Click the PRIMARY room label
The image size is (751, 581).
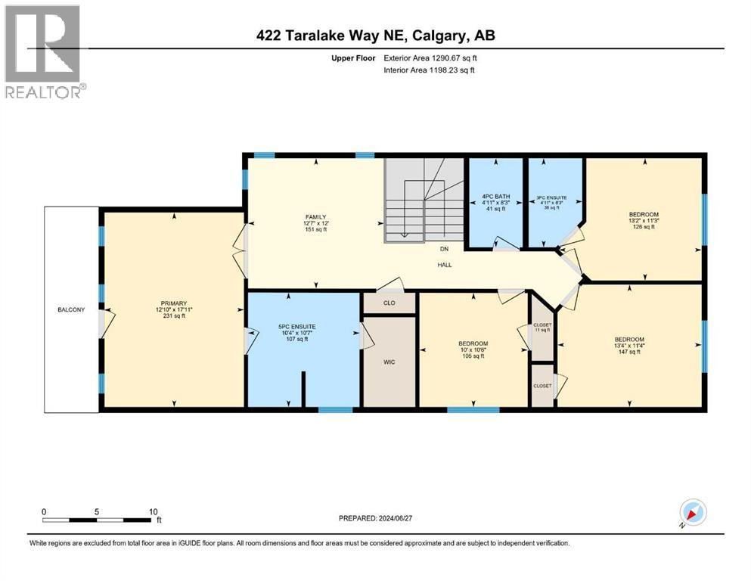point(172,303)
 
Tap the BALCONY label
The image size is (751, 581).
point(73,309)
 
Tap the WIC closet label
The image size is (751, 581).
point(389,362)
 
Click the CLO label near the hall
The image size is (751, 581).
point(389,303)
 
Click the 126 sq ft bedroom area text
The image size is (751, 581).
point(644,227)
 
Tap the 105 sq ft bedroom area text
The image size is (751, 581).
point(473,356)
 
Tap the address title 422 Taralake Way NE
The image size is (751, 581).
point(375,35)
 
